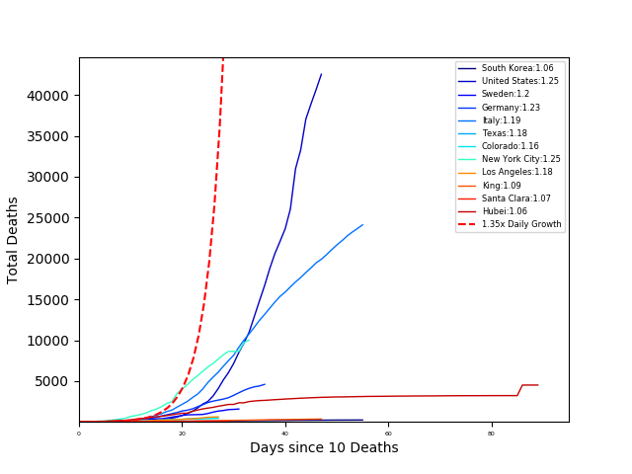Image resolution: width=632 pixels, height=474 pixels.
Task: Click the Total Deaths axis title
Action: tap(14, 240)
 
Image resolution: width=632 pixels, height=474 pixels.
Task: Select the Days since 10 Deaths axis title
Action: tap(324, 448)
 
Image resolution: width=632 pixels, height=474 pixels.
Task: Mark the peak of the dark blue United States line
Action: tap(321, 74)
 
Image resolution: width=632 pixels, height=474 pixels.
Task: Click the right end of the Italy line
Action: tap(362, 224)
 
